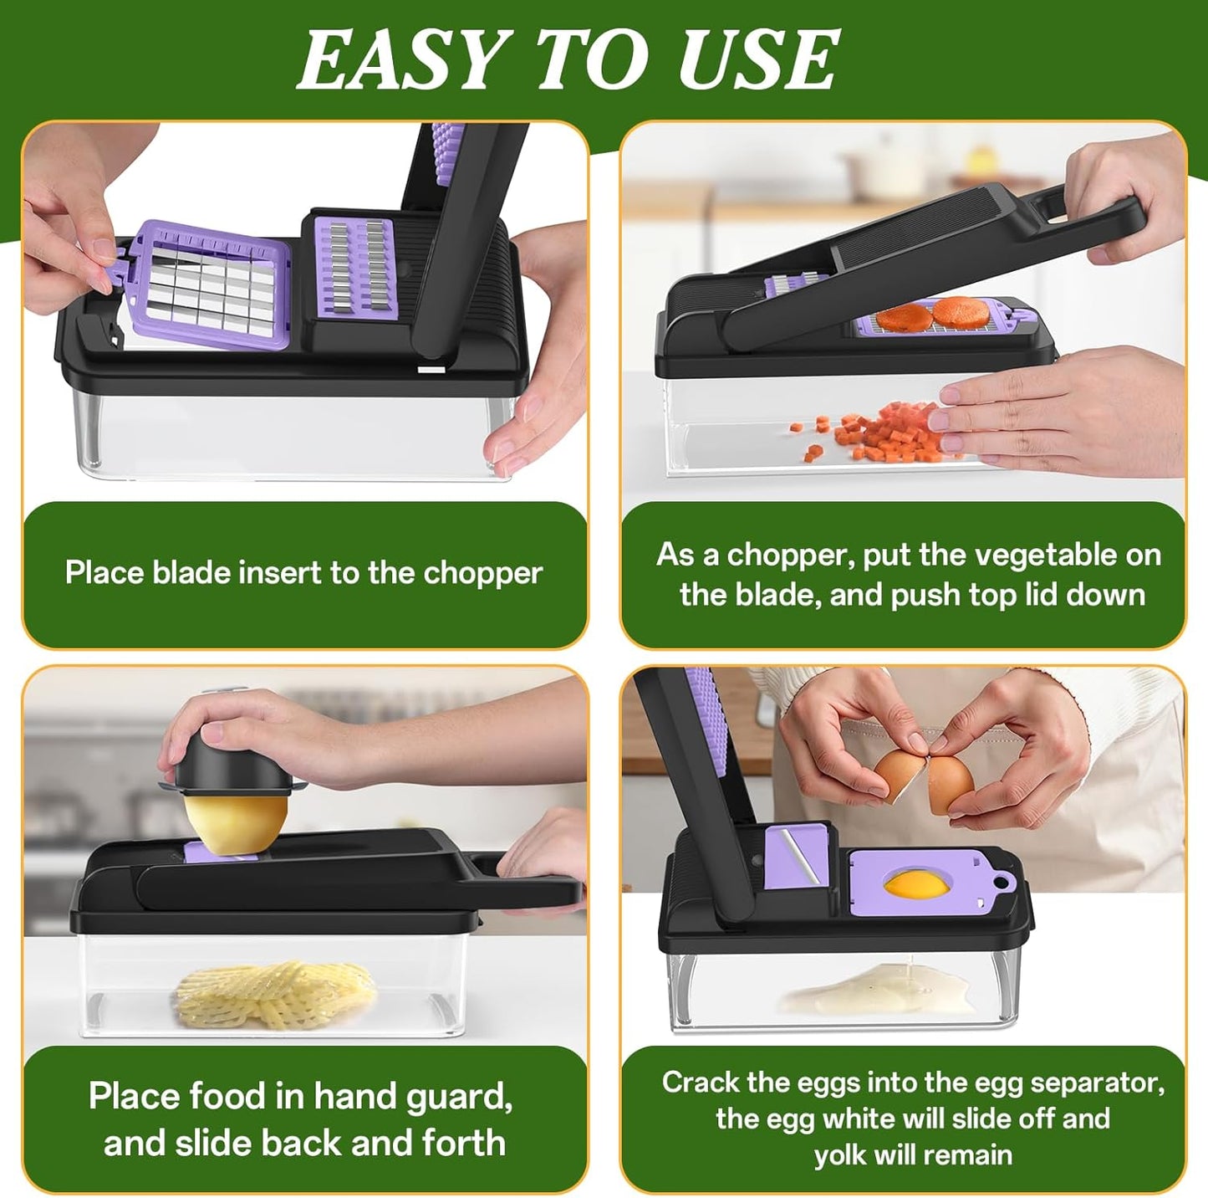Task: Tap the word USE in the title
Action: coord(757,60)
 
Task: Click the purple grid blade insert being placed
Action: coord(212,284)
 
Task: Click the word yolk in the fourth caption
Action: coord(841,1155)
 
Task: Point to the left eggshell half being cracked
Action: coord(900,775)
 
